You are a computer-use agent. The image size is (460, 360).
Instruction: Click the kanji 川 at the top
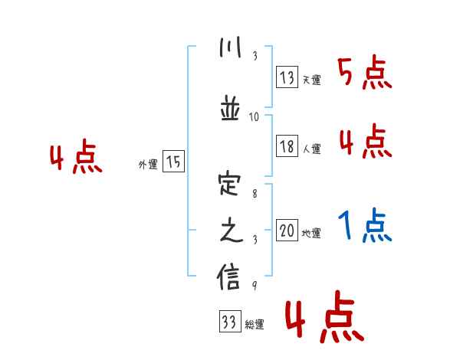coord(229,48)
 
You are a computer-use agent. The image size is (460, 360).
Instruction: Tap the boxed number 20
coord(287,231)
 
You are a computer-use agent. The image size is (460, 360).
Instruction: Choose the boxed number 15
coord(174,162)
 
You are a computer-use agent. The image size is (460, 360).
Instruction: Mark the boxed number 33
coord(228,322)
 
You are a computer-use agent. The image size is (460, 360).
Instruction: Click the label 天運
coord(311,80)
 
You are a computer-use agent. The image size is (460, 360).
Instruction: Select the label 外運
coord(148,164)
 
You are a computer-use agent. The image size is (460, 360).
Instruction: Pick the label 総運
coord(255,325)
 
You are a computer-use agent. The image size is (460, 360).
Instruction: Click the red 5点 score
coord(365,73)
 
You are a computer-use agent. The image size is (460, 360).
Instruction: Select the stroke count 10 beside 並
coord(255,117)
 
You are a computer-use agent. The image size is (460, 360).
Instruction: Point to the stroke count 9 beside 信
coord(254,286)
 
